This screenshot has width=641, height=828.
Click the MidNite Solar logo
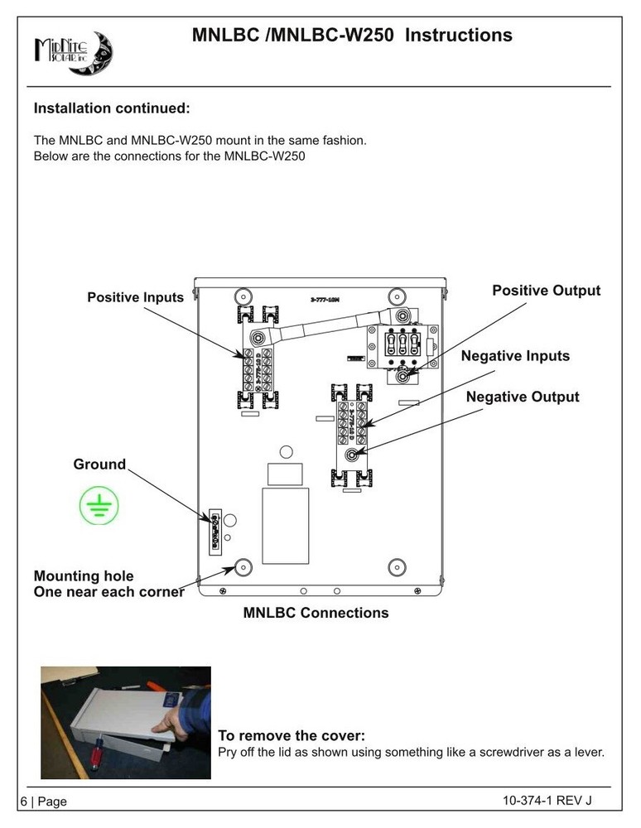[73, 53]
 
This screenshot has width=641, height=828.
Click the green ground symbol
[99, 505]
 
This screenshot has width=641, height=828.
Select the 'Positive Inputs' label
[136, 297]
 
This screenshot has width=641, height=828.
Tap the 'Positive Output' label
[546, 291]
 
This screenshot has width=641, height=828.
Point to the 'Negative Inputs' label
[515, 356]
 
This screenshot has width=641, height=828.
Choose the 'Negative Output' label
[523, 397]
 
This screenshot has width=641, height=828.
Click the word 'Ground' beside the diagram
[99, 465]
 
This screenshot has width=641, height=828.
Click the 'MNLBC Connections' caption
[316, 614]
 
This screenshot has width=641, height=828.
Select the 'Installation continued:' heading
[112, 108]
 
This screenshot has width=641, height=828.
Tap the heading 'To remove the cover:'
[291, 736]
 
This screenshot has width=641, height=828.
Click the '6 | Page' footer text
[43, 802]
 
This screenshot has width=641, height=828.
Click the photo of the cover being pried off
[126, 722]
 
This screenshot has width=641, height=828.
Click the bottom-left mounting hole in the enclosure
[243, 567]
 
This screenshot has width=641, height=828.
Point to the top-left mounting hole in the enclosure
[243, 296]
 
